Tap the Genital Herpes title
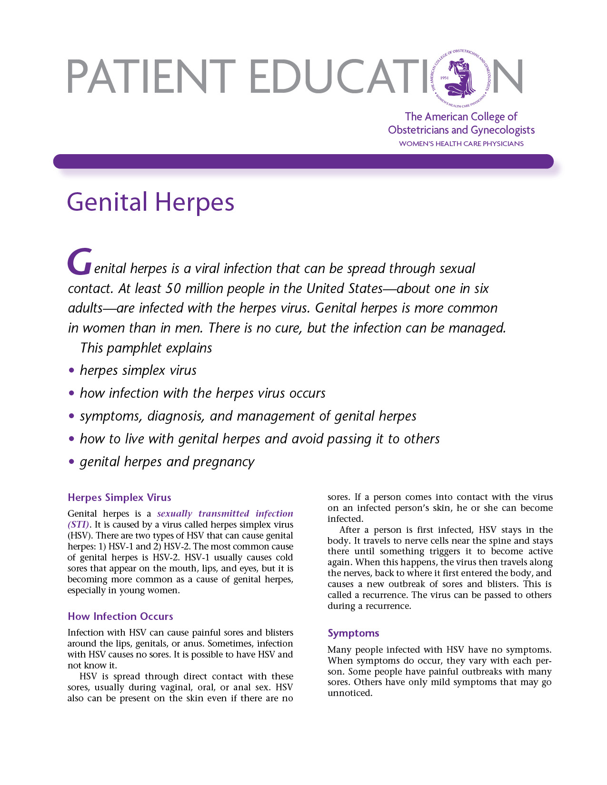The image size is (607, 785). tap(150, 202)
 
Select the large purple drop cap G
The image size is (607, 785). tap(79, 262)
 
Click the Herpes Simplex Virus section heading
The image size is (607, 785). tap(119, 498)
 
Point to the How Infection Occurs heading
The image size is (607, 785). tap(120, 617)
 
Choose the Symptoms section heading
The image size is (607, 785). tap(353, 633)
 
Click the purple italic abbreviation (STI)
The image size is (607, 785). tap(78, 525)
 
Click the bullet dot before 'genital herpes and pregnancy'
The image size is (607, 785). tap(71, 462)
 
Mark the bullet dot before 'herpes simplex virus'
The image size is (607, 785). tap(71, 371)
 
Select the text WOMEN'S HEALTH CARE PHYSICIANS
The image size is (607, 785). tap(461, 144)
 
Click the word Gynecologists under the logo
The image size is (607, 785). tap(503, 130)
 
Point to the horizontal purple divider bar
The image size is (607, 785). tap(303, 161)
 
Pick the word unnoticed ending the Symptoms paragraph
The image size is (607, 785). tap(349, 693)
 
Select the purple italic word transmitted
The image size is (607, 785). tap(224, 514)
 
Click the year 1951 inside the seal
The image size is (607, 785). tap(445, 78)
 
